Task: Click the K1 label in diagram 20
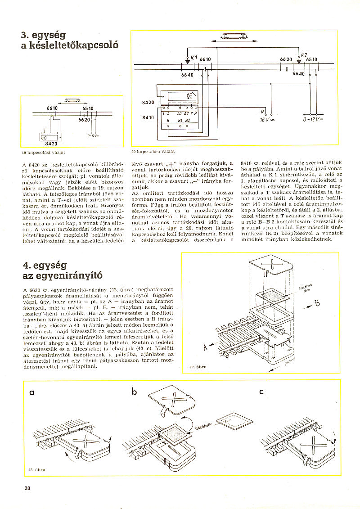coord(194,58)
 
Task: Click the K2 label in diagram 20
coord(304,54)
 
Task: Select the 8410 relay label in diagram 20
coord(148,118)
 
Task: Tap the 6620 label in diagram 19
coord(84,120)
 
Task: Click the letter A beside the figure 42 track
coord(205,347)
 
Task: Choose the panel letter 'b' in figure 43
coord(134,392)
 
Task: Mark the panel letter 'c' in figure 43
coord(261,392)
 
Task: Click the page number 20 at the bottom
coord(27,488)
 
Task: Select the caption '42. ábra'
coord(198,367)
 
